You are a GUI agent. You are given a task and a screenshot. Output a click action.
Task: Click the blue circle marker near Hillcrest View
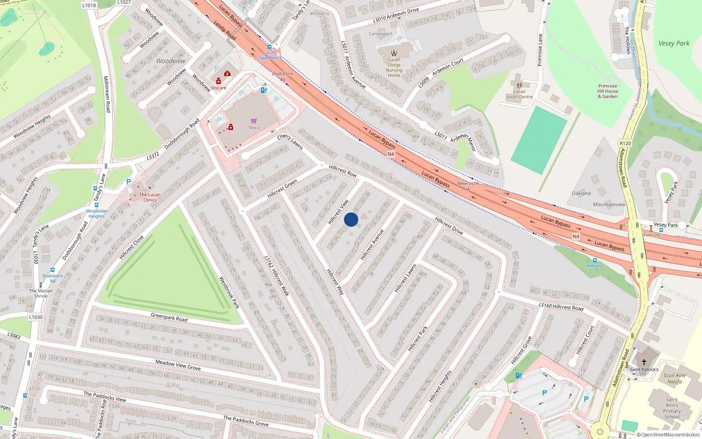(x=351, y=219)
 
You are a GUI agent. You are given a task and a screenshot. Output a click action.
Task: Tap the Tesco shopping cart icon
(x=254, y=121)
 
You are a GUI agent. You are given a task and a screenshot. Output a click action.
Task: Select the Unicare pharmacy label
(x=218, y=88)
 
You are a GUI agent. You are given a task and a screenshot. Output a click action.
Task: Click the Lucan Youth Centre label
(x=519, y=94)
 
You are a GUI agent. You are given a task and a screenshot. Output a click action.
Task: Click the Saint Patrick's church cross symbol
(x=644, y=362)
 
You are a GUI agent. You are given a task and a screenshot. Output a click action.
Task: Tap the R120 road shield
(x=625, y=144)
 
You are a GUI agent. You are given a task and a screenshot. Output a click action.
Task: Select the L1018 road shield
(x=89, y=5)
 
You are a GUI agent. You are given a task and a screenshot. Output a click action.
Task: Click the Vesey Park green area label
(x=673, y=43)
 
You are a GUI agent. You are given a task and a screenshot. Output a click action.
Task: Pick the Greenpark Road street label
(x=169, y=317)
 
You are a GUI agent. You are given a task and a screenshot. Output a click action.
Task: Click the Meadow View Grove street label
(x=178, y=364)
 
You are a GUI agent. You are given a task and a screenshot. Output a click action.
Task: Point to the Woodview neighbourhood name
(x=171, y=61)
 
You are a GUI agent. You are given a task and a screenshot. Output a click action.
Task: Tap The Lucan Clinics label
(x=150, y=197)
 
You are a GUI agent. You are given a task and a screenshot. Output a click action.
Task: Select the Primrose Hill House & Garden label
(x=608, y=91)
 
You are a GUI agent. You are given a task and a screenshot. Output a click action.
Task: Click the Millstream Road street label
(x=106, y=94)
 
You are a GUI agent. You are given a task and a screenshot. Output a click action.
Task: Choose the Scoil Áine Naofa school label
(x=674, y=378)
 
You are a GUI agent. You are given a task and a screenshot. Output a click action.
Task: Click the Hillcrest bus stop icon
(x=595, y=260)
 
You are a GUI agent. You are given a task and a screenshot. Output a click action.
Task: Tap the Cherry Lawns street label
(x=290, y=141)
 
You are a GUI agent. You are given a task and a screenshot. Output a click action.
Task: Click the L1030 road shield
(x=36, y=317)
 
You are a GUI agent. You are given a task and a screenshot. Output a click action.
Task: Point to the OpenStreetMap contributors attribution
(x=670, y=435)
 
